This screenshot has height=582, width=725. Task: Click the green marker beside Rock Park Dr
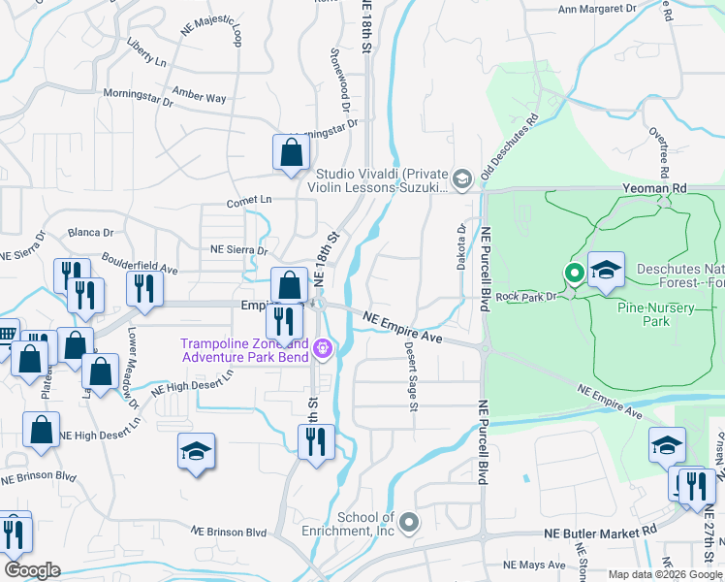[574, 274]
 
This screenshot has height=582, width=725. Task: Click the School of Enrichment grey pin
[409, 523]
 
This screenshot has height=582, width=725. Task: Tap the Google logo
[32, 570]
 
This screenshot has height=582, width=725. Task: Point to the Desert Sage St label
[411, 375]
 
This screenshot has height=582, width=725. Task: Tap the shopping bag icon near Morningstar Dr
[291, 152]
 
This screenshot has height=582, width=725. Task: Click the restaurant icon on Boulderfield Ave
[143, 288]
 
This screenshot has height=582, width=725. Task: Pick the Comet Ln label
[249, 200]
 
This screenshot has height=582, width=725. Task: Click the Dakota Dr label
[462, 248]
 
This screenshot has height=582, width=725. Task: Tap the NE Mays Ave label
[534, 565]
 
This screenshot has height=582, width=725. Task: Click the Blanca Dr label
[91, 233]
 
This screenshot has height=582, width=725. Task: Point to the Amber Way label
[199, 96]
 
